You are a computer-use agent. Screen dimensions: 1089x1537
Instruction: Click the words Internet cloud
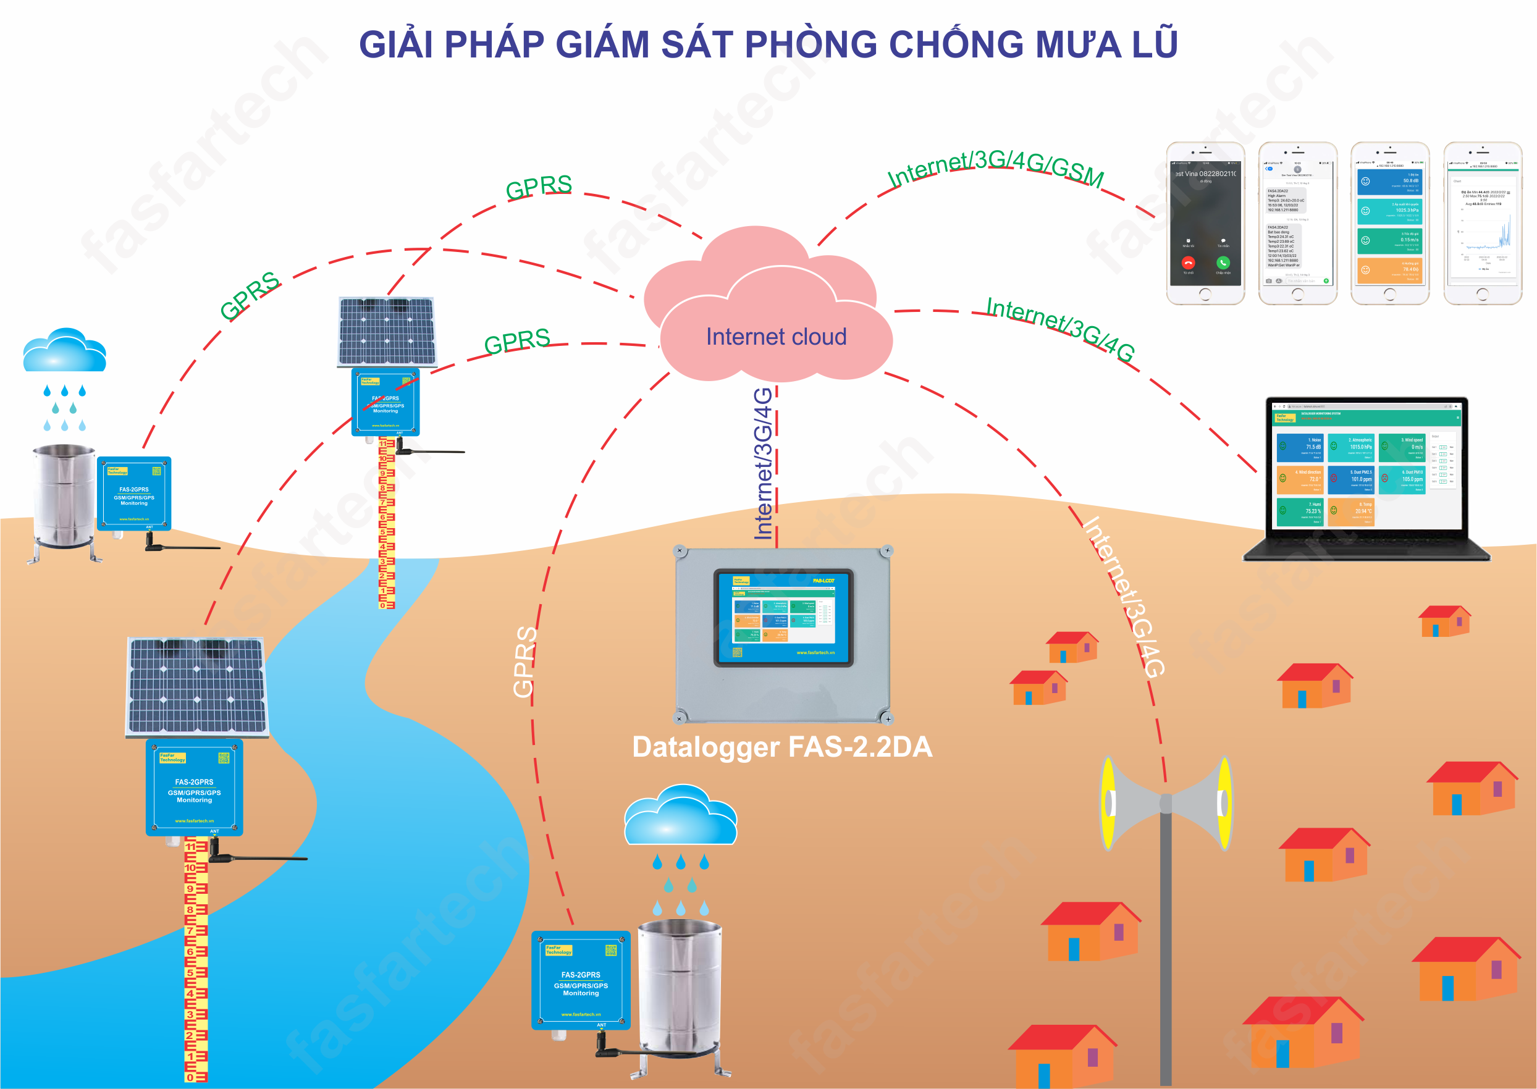tap(776, 337)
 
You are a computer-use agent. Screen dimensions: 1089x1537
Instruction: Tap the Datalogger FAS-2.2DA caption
tap(782, 747)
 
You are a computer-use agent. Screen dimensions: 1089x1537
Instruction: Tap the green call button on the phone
tap(1223, 263)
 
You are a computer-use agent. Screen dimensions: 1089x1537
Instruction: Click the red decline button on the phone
tap(1189, 263)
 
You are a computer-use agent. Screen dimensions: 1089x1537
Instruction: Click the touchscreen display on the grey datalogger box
tap(783, 618)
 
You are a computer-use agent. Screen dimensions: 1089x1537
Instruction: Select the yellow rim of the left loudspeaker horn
tap(1108, 802)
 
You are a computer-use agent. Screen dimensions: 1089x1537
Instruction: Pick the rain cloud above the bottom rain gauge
tap(680, 817)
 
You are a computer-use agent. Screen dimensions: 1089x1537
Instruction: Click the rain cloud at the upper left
tap(64, 351)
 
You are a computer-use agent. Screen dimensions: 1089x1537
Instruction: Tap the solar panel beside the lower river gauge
tap(197, 685)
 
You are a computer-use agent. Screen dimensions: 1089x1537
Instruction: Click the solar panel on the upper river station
tap(387, 331)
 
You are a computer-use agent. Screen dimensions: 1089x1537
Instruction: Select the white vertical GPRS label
tap(524, 661)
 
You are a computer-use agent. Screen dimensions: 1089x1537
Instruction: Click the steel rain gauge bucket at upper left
tap(64, 495)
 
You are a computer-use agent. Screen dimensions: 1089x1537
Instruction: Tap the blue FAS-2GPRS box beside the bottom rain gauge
tap(581, 980)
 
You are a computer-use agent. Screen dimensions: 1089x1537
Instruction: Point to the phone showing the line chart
tap(1483, 224)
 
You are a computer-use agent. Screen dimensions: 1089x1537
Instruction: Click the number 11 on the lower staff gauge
tap(191, 846)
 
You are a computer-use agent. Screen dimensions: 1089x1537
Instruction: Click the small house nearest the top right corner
tap(1444, 621)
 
